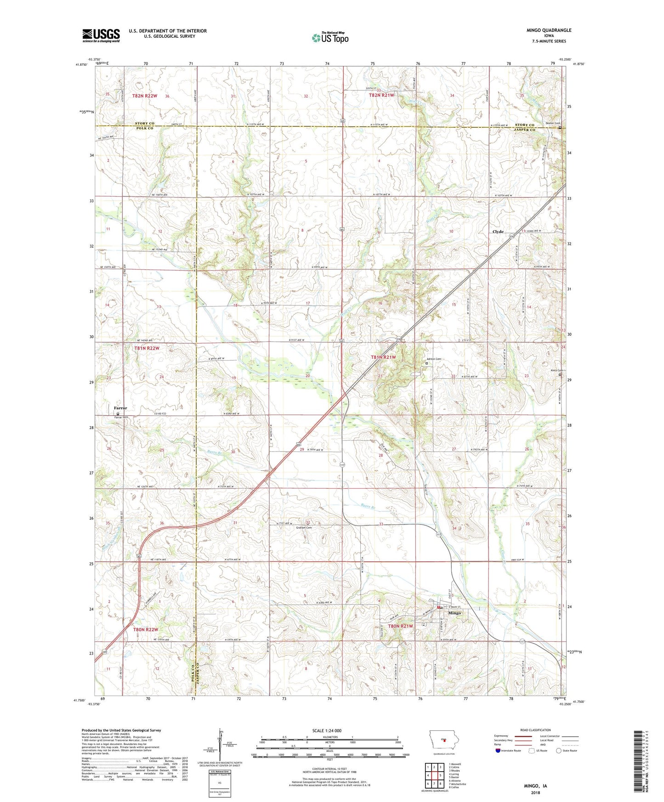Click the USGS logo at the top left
click(x=101, y=35)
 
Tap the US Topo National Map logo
click(x=330, y=38)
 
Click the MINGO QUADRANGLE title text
click(x=549, y=30)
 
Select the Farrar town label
click(x=120, y=408)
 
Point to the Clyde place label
click(x=498, y=232)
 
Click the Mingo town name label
click(x=454, y=613)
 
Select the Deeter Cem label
click(x=552, y=123)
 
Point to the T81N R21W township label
click(x=383, y=356)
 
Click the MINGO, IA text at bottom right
click(x=535, y=786)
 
